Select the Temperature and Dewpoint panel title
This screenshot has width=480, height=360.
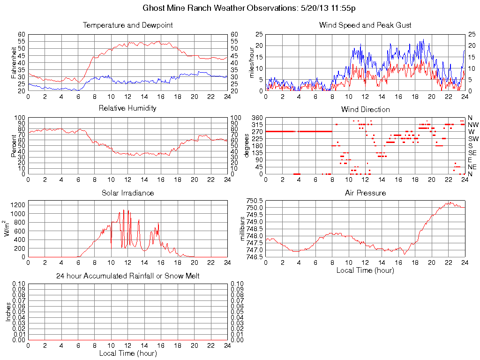(x=127, y=25)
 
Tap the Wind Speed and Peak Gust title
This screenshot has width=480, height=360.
(x=365, y=25)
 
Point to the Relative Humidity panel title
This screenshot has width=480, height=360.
(x=127, y=108)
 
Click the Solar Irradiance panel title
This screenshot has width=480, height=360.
(x=127, y=193)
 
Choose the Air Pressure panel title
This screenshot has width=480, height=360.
(x=365, y=193)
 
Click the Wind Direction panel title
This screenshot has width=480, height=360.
(x=365, y=109)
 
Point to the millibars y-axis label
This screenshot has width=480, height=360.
(x=243, y=228)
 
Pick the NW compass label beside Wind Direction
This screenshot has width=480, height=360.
(x=473, y=125)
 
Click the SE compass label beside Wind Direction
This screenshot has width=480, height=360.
(x=472, y=153)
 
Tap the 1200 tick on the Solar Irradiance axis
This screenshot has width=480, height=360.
(x=19, y=205)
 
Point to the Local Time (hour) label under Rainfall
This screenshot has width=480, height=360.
(x=127, y=353)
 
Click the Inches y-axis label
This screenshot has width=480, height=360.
(x=8, y=312)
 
